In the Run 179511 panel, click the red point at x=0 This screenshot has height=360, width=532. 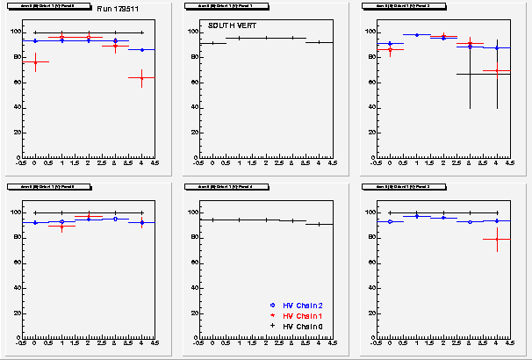coord(35,61)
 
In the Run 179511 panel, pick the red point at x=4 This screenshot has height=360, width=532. coord(141,78)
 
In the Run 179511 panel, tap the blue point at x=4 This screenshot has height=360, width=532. coord(141,49)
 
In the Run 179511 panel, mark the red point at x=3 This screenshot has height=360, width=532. coord(115,46)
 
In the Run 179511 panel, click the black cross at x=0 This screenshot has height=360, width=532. coord(35,33)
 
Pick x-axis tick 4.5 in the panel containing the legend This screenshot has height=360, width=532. coord(333,342)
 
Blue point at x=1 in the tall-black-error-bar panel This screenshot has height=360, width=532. coord(417,35)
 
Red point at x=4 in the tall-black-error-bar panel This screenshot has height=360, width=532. coord(496,71)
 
